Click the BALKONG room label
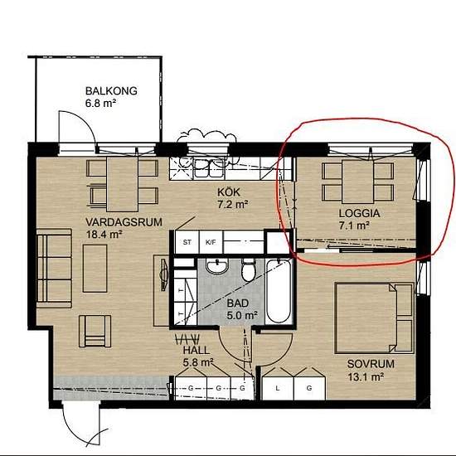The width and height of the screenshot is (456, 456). [x=111, y=90]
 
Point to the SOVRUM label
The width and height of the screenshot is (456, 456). [x=371, y=364]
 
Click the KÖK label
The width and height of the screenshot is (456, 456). [x=229, y=192]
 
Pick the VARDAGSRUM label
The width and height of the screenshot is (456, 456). [x=124, y=222]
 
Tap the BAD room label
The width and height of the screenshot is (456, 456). [x=238, y=303]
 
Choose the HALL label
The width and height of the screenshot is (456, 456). [x=196, y=350]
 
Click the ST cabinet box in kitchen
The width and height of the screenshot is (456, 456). [x=187, y=242]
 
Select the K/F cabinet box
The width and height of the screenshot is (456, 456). [x=211, y=242]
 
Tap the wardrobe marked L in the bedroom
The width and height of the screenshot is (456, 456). [x=278, y=388]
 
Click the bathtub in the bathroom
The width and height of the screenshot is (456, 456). [x=279, y=291]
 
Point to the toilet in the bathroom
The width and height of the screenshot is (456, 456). [x=249, y=270]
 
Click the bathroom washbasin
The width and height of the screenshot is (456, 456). [x=217, y=266]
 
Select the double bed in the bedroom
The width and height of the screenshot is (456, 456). [x=374, y=318]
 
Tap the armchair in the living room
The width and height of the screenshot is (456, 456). [x=95, y=332]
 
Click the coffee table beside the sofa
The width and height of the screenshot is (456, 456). [x=95, y=268]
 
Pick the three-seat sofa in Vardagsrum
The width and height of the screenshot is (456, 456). [x=55, y=268]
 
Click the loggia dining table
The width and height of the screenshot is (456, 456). [x=357, y=182]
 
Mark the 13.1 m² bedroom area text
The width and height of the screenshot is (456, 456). [x=366, y=377]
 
